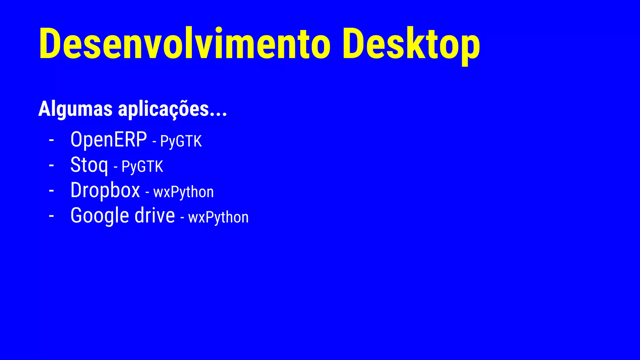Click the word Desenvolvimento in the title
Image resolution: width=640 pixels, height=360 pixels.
[x=184, y=44]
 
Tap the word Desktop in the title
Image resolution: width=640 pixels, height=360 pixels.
[x=411, y=44]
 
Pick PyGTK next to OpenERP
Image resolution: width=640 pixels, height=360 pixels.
[x=181, y=141]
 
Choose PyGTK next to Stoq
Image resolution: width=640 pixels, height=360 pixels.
[x=142, y=167]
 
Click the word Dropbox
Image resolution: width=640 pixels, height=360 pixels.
[x=105, y=190]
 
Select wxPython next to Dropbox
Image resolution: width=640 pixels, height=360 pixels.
[x=183, y=192]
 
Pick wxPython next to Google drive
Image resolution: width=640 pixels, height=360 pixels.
[x=218, y=217]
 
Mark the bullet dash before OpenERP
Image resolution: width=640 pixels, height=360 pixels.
[x=52, y=140]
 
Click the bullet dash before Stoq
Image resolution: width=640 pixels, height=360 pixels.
[x=52, y=165]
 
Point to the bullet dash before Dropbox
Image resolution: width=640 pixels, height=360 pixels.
[x=52, y=191]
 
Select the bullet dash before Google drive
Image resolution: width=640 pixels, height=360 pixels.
[x=52, y=216]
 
